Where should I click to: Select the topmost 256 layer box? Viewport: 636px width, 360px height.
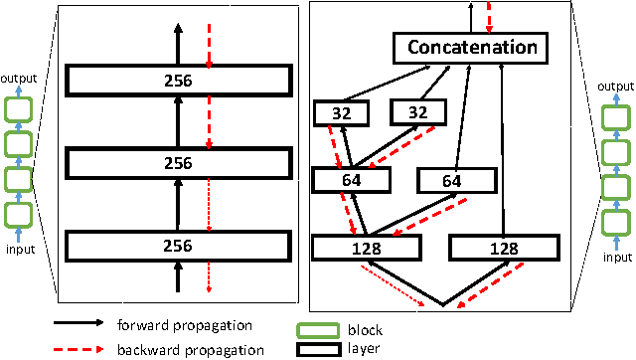(179, 80)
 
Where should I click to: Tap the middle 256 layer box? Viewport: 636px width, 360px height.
(179, 160)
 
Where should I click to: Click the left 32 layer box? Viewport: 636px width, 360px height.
(341, 113)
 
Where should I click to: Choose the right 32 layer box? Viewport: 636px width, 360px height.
(416, 113)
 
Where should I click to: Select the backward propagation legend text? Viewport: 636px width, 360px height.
(190, 349)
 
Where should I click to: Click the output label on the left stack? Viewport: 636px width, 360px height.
(18, 78)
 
